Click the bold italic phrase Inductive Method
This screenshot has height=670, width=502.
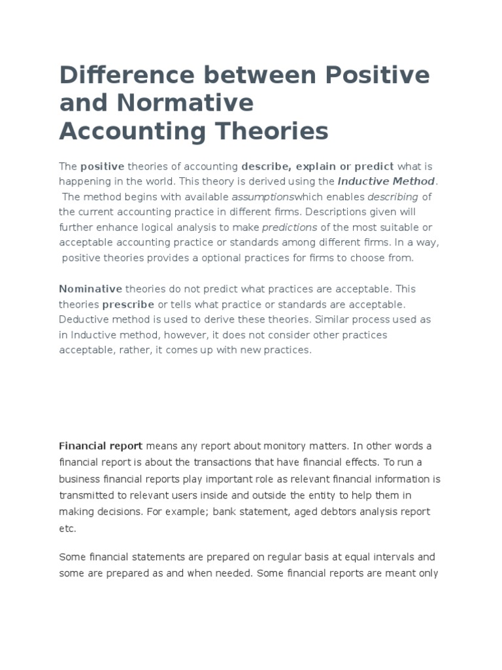[x=386, y=181]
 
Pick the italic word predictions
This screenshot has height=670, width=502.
[x=290, y=228]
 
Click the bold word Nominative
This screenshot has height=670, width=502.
[x=91, y=289]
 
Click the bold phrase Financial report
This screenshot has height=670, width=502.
[x=101, y=446]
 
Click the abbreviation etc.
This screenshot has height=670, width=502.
[x=68, y=528]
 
